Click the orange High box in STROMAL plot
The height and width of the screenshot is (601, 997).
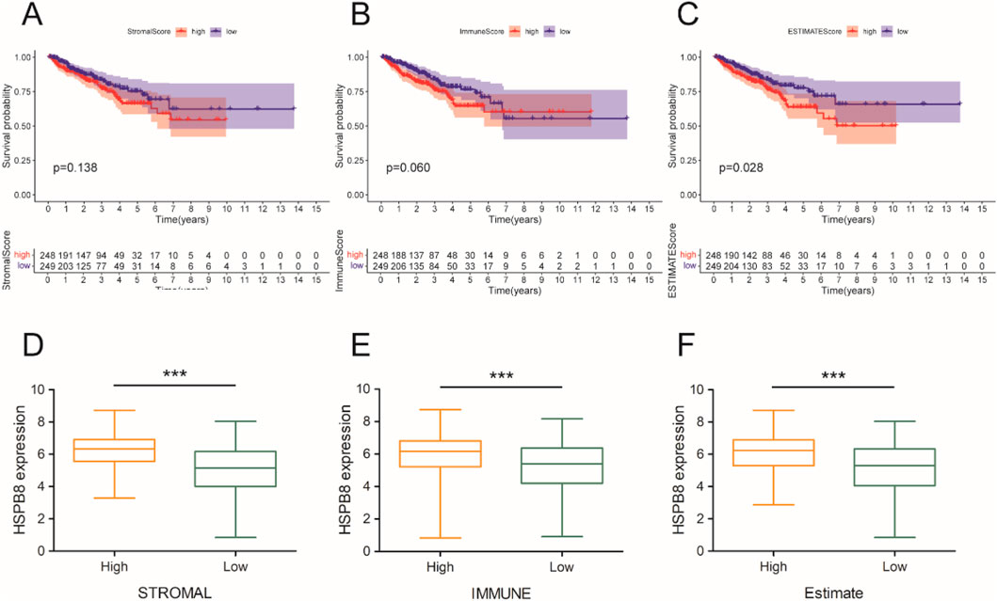[x=115, y=449]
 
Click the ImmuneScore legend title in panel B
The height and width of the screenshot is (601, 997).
[x=477, y=31]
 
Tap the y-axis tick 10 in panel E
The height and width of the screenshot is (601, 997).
[x=374, y=388]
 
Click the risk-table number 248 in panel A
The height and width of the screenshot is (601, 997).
[x=48, y=255]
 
